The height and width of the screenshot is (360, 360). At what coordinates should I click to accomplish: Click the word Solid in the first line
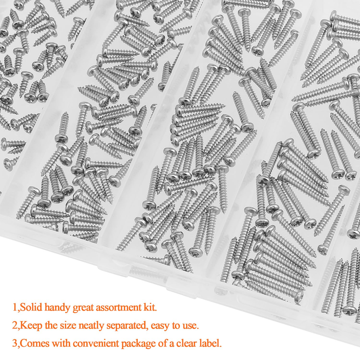[x=31, y=307]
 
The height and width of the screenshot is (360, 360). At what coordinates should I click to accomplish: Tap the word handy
[x=58, y=308]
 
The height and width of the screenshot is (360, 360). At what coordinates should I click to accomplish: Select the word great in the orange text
[x=83, y=308]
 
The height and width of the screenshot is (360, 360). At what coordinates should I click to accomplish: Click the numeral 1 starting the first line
[x=14, y=307]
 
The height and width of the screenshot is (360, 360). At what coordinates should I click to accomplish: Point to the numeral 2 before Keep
[x=15, y=325]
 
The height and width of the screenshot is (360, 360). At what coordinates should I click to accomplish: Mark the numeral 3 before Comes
[x=15, y=344]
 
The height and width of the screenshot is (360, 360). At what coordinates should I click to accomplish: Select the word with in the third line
[x=61, y=343]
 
